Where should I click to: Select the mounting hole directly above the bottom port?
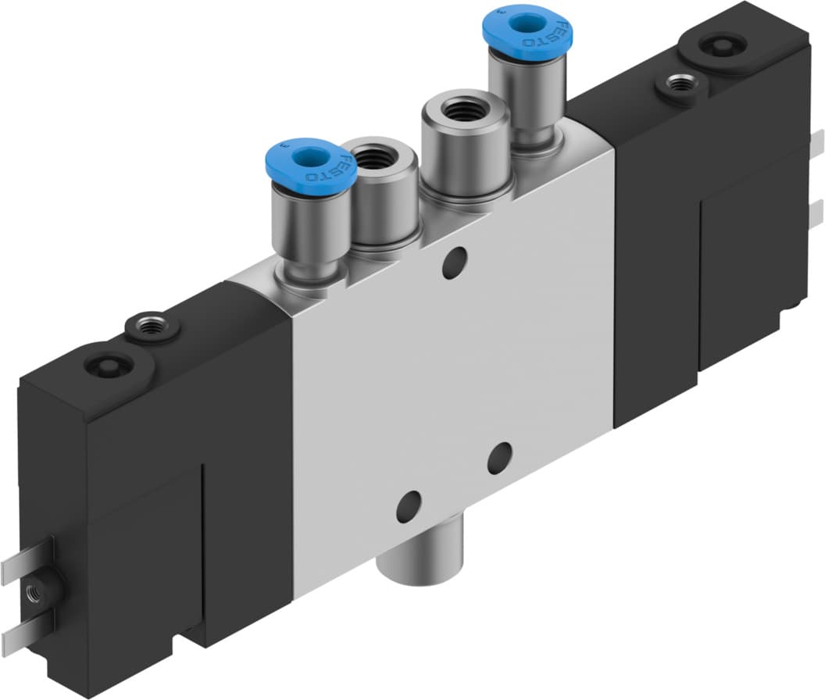(x=407, y=507)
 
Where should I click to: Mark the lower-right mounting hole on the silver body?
(x=499, y=458)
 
